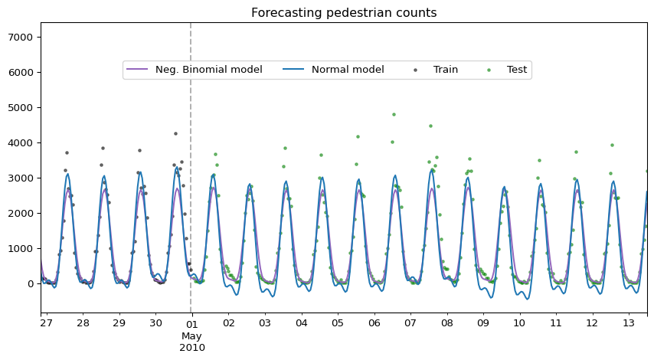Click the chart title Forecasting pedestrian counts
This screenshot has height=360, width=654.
click(344, 13)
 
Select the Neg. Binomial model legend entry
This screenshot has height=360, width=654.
click(195, 70)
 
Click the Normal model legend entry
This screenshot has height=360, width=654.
click(333, 70)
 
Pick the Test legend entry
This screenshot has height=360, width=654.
click(507, 70)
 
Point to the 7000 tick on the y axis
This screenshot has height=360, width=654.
click(21, 38)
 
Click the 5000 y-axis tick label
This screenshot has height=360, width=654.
click(21, 108)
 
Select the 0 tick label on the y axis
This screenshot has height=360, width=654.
click(30, 284)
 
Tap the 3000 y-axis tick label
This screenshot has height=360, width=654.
click(21, 178)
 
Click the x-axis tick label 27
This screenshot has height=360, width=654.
click(46, 323)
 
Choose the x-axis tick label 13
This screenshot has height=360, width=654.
click(629, 323)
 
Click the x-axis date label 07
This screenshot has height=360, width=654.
click(410, 323)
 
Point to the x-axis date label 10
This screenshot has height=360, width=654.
click(519, 323)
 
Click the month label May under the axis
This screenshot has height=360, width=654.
click(192, 336)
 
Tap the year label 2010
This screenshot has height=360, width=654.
click(192, 348)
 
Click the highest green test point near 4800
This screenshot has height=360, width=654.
click(394, 114)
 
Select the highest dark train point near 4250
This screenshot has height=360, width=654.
click(175, 133)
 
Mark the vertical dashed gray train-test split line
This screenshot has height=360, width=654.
click(191, 168)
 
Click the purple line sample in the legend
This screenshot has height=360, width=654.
click(137, 70)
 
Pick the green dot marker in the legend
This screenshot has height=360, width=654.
click(489, 70)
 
